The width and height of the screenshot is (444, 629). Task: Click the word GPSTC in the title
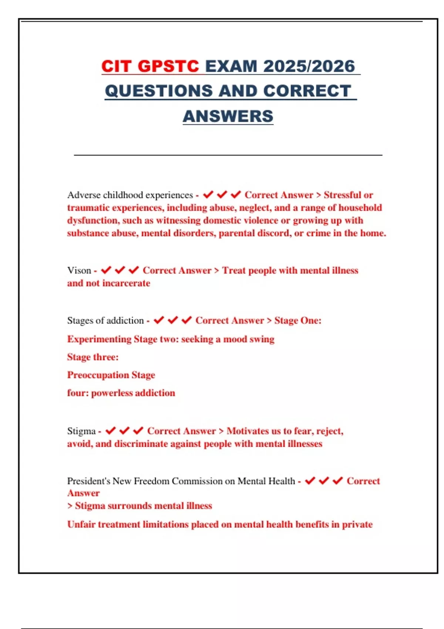pos(168,67)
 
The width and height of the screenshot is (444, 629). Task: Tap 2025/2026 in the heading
pos(309,67)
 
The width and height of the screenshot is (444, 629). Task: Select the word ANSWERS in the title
pos(228,116)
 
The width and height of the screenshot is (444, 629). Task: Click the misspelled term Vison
pos(79,270)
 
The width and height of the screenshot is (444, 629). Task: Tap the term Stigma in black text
pos(81,431)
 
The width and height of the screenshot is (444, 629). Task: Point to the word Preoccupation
pos(98,375)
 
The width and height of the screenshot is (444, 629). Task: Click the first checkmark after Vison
pos(106,270)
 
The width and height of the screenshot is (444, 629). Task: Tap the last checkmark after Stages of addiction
pos(186,320)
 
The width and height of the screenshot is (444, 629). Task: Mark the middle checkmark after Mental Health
pos(324,481)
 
